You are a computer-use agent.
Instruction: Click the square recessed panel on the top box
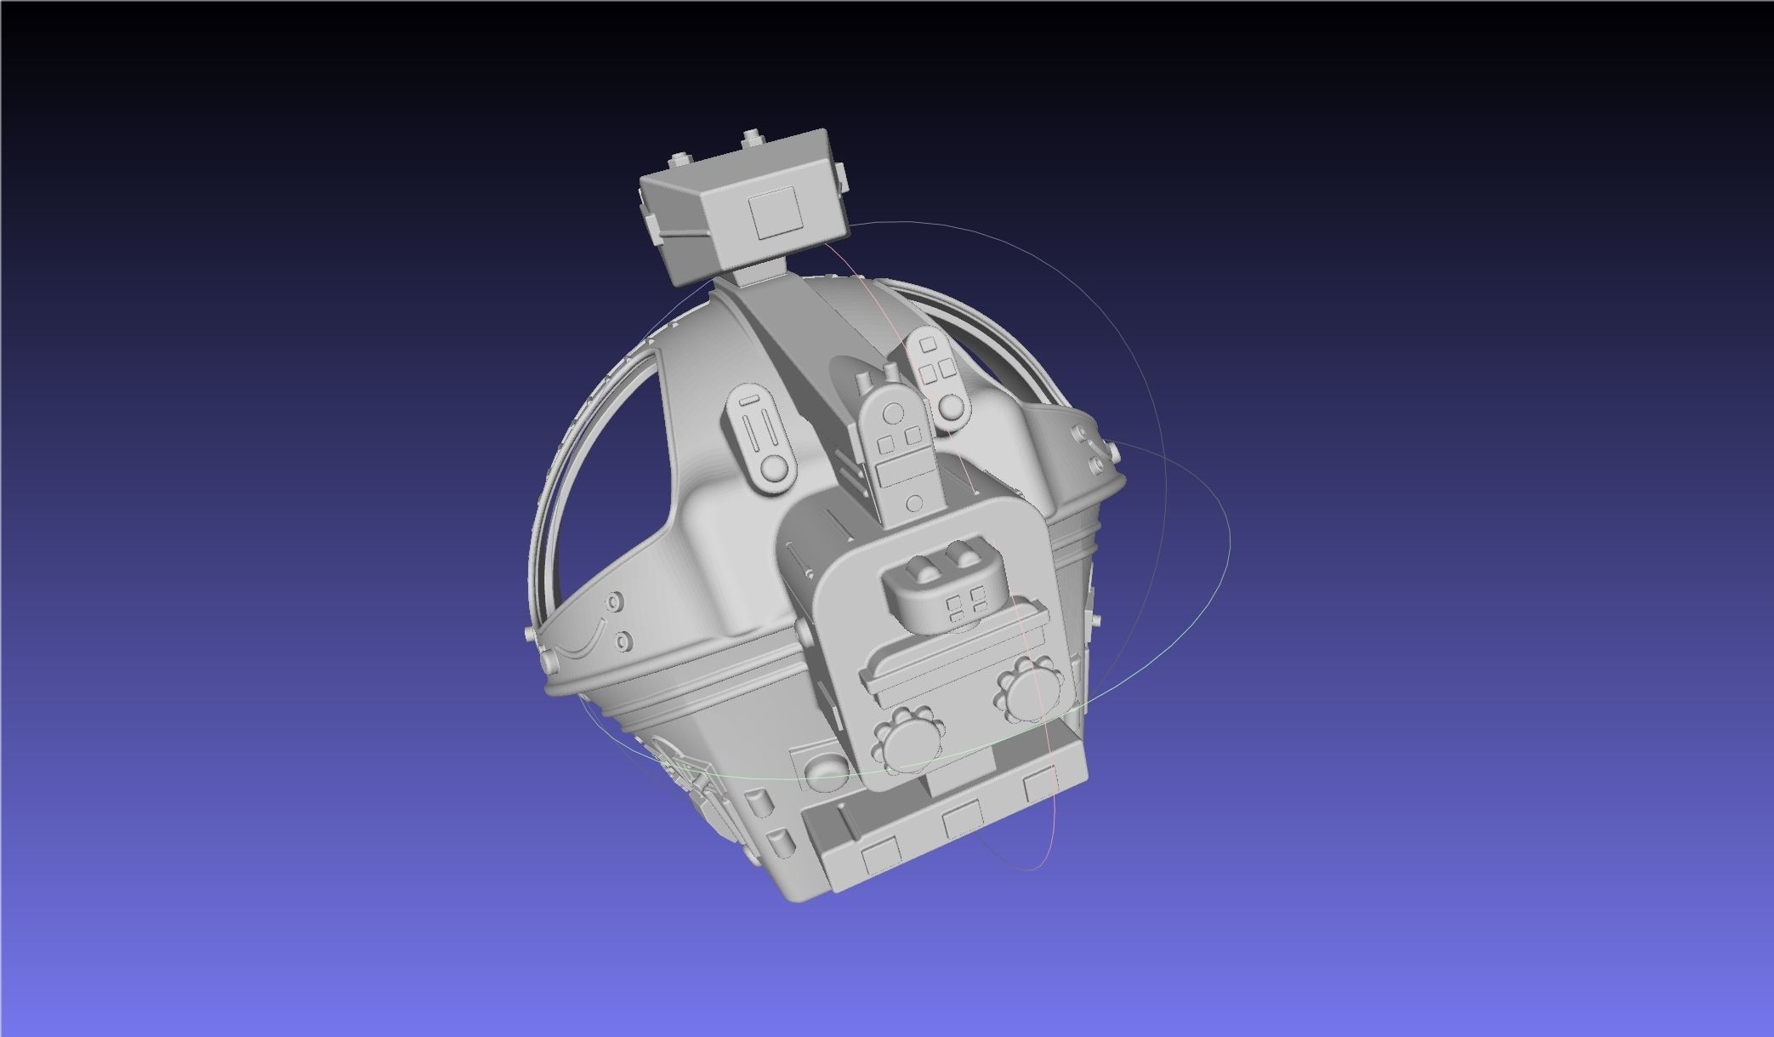click(x=776, y=213)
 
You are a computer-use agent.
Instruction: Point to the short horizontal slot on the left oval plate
click(x=748, y=400)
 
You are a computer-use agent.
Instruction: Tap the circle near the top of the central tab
click(x=892, y=413)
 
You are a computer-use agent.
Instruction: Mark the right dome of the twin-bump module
click(x=964, y=557)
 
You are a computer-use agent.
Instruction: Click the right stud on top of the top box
click(x=751, y=137)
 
